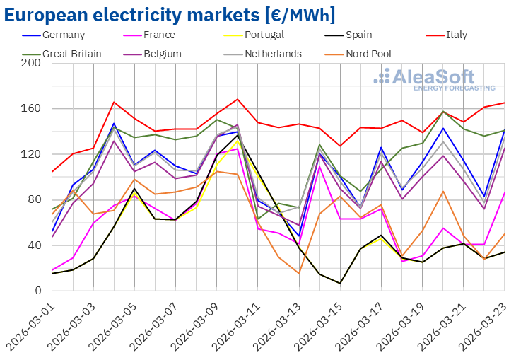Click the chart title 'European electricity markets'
(x=170, y=14)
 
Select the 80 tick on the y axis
(x=35, y=199)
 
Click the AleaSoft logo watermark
(x=434, y=79)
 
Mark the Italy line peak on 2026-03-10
(x=238, y=99)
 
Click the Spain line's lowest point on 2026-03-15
(x=340, y=284)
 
